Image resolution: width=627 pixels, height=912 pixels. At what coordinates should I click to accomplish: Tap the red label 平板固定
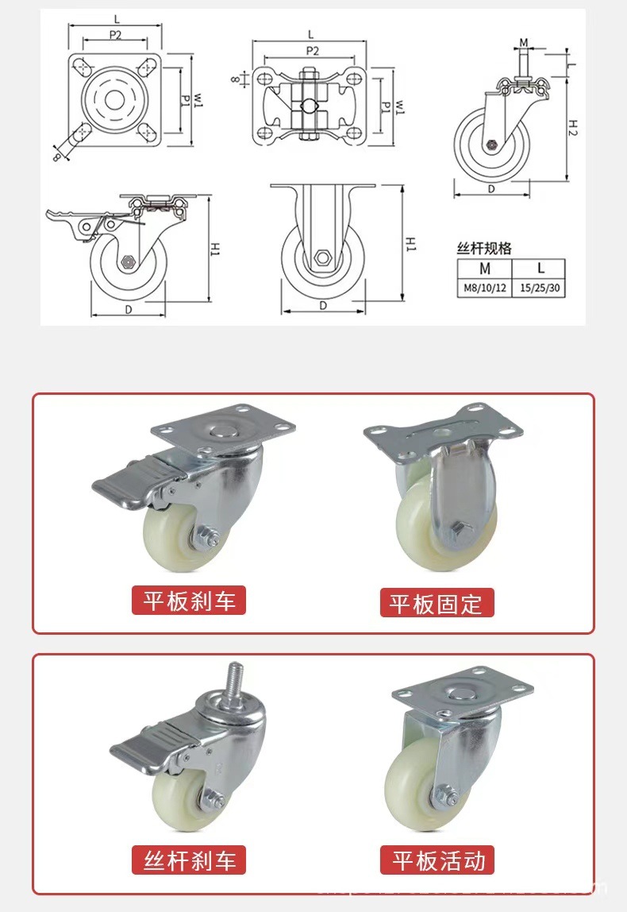point(436,603)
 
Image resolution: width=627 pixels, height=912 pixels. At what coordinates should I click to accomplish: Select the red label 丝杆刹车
point(189,860)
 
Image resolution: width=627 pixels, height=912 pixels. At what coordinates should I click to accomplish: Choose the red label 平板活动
point(437,860)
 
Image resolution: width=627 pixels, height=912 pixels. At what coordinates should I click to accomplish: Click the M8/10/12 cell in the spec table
point(485,288)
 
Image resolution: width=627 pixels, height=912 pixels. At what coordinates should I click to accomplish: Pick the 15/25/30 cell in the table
point(540,288)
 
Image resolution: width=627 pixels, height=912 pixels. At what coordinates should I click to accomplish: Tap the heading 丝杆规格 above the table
point(484,249)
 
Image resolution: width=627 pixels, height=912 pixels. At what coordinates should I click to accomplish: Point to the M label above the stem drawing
point(524,42)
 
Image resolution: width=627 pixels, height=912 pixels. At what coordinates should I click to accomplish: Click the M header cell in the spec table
point(485,269)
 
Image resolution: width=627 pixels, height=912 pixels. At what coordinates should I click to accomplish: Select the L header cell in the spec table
point(540,269)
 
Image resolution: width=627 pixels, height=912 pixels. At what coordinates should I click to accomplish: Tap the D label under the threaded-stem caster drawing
point(491,189)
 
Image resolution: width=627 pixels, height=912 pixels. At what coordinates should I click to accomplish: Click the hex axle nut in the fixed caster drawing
point(322,257)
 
